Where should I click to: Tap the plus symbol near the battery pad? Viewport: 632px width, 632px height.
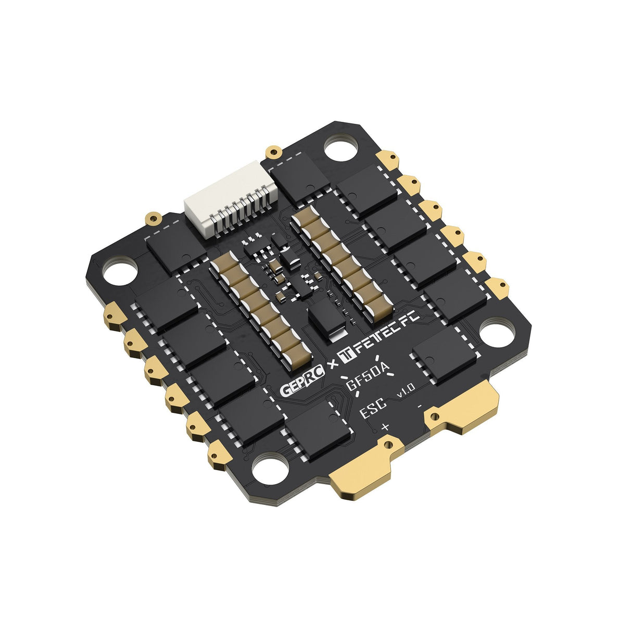385,426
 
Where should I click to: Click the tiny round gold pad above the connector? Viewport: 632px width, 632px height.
272,152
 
